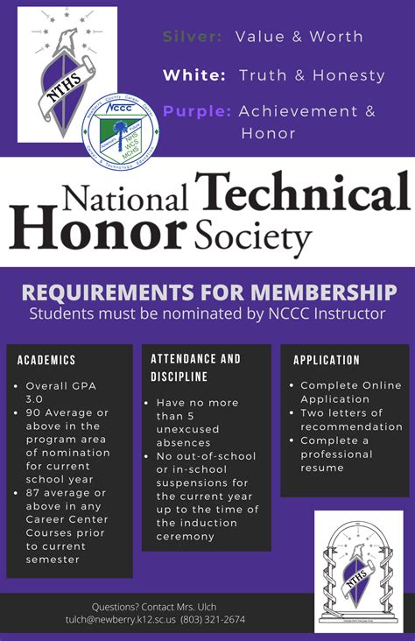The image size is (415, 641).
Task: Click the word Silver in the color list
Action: [x=193, y=37]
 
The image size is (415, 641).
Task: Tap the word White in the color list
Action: [x=193, y=75]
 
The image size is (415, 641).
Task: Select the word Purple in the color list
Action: [x=197, y=111]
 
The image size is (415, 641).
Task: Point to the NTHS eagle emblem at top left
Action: [x=67, y=74]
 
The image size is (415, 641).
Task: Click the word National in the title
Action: [x=101, y=198]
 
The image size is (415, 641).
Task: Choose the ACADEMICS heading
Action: [x=46, y=360]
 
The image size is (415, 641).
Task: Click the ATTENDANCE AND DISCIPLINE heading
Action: [x=195, y=368]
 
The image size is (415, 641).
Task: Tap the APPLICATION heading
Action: [x=327, y=360]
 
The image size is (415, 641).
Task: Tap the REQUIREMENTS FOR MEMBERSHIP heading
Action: [x=207, y=292]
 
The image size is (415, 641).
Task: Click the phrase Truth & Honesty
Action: [x=312, y=75]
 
